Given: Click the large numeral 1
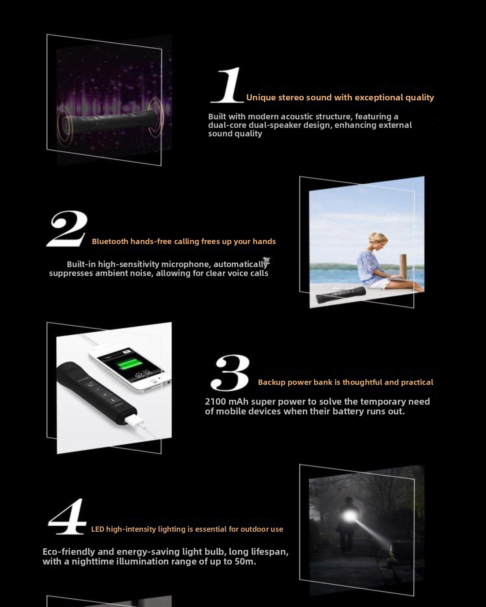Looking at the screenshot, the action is coord(228,85).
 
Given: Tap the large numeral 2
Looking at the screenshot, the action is coord(67,229).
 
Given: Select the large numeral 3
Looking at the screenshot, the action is coord(230,373).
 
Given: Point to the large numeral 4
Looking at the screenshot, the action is coord(67,516).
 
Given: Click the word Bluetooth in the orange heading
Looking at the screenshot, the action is coord(110,242).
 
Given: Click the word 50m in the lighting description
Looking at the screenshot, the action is coord(245,561).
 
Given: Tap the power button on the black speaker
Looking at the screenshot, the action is coord(90,384).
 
